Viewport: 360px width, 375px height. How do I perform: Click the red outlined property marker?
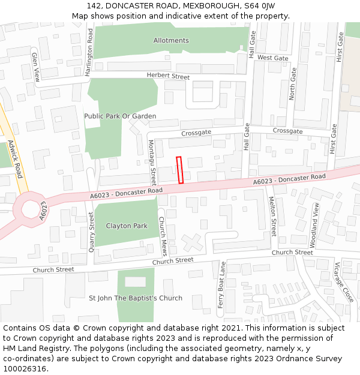pyautogui.click(x=179, y=170)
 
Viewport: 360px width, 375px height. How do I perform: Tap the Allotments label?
pyautogui.click(x=171, y=41)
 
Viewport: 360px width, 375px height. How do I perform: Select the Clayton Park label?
pyautogui.click(x=127, y=226)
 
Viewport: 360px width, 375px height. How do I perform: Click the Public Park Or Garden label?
pyautogui.click(x=120, y=116)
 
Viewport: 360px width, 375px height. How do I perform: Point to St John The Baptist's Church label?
pyautogui.click(x=136, y=298)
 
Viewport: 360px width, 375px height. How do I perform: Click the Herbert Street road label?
pyautogui.click(x=168, y=76)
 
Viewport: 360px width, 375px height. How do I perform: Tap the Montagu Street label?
pyautogui.click(x=152, y=162)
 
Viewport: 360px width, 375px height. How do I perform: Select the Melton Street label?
pyautogui.click(x=273, y=216)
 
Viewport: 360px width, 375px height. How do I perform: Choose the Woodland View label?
pyautogui.click(x=314, y=226)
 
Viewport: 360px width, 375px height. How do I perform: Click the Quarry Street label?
pyautogui.click(x=92, y=231)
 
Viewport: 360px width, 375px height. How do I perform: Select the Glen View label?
pyautogui.click(x=35, y=67)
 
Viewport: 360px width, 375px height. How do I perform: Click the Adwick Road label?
pyautogui.click(x=15, y=159)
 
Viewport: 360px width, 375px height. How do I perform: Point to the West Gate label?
pyautogui.click(x=272, y=58)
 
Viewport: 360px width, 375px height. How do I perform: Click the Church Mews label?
pyautogui.click(x=162, y=236)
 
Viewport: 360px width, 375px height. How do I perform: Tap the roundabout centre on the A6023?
pyautogui.click(x=30, y=209)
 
